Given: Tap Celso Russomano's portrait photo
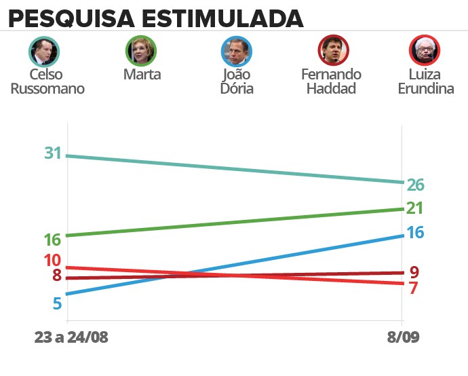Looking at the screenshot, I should pyautogui.click(x=45, y=50).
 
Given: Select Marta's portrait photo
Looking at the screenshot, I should pyautogui.click(x=142, y=50).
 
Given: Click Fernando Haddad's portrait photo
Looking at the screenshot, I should pyautogui.click(x=334, y=50).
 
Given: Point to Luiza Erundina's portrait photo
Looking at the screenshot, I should pyautogui.click(x=425, y=50).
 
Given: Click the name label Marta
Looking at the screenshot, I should pyautogui.click(x=142, y=75).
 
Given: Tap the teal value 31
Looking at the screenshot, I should pyautogui.click(x=54, y=154).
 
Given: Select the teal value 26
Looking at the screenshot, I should pyautogui.click(x=415, y=185).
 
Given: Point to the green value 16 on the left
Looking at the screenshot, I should pyautogui.click(x=53, y=240).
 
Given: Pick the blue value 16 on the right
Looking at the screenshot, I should pyautogui.click(x=415, y=233).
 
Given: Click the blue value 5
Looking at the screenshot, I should pyautogui.click(x=57, y=303).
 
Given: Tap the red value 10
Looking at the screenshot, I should pyautogui.click(x=53, y=260).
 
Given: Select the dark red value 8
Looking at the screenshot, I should pyautogui.click(x=57, y=276).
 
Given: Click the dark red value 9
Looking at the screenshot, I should pyautogui.click(x=414, y=272).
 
